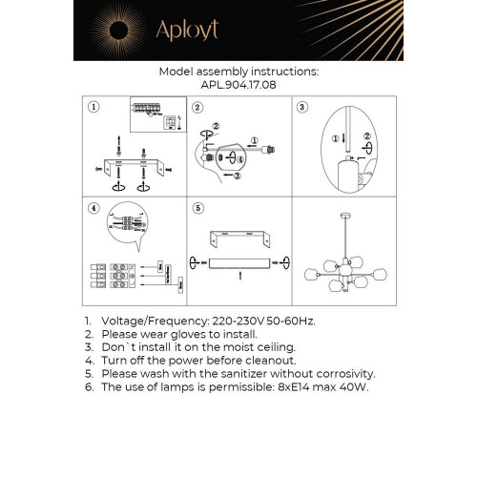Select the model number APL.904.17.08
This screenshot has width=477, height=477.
pyautogui.click(x=238, y=83)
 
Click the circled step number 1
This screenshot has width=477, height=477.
pyautogui.click(x=93, y=108)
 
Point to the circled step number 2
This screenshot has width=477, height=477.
pyautogui.click(x=197, y=108)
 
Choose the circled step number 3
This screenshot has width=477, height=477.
pyautogui.click(x=301, y=108)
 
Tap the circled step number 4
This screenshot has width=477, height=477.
pyautogui.click(x=93, y=208)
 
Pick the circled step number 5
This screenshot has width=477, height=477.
pyautogui.click(x=197, y=208)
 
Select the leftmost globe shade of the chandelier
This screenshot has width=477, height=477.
pyautogui.click(x=310, y=275)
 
